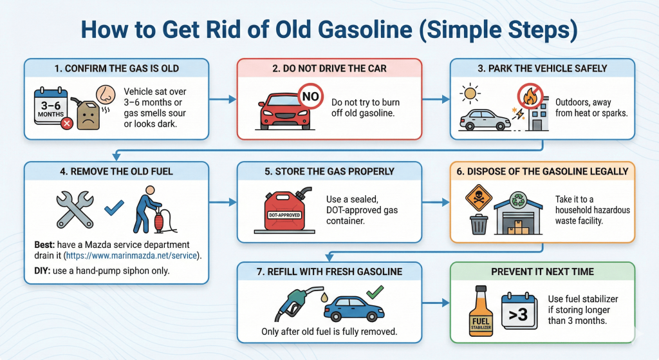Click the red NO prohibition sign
[x=311, y=97]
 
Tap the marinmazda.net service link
[x=131, y=255]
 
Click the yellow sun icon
[x=470, y=93]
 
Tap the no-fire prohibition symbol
[x=530, y=97]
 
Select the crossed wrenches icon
[x=75, y=209]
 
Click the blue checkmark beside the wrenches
[x=114, y=207]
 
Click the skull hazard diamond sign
[x=478, y=197]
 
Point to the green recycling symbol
[x=518, y=200]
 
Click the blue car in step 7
[x=354, y=309]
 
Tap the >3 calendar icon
[x=519, y=312]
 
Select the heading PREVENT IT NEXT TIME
[x=542, y=272]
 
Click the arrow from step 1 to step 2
[x=223, y=99]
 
